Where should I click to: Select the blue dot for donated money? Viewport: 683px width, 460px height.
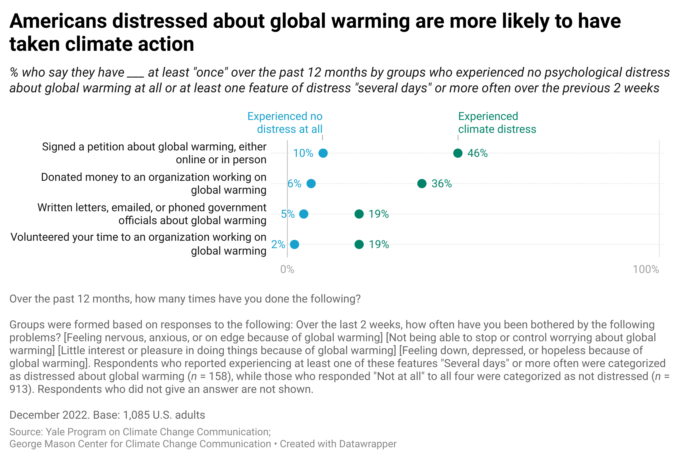point(311,184)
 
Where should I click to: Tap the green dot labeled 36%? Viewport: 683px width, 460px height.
point(422,184)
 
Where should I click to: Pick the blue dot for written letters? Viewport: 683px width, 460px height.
point(304,214)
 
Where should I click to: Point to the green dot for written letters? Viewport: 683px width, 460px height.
point(359,214)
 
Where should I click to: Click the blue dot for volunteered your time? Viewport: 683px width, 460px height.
point(294,244)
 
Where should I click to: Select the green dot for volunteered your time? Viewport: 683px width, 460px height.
point(359,244)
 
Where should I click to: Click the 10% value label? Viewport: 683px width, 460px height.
point(303,153)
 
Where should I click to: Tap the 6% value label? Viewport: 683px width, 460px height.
point(294,184)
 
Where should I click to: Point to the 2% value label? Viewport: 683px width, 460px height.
point(278,244)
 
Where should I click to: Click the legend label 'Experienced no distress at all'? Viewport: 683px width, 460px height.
point(285,123)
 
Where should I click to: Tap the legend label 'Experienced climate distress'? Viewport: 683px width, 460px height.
point(497,123)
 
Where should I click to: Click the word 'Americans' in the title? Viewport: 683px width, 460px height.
point(58,21)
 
